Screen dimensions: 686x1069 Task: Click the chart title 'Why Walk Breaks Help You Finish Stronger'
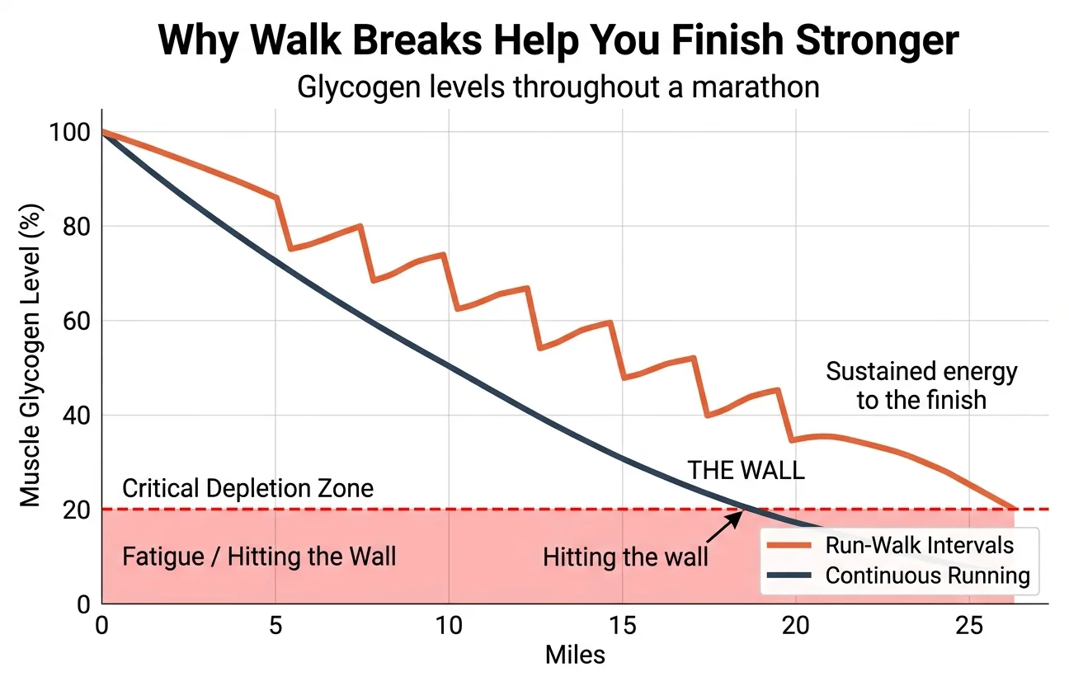[x=558, y=40]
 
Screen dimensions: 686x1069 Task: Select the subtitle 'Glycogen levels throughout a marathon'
[x=558, y=87]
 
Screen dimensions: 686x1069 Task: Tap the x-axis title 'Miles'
[x=575, y=655]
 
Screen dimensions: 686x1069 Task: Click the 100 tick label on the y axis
[x=68, y=132]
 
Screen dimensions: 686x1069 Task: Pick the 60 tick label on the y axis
[x=75, y=321]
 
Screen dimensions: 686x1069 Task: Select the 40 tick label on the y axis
[x=75, y=416]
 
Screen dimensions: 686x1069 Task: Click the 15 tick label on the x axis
[x=622, y=624]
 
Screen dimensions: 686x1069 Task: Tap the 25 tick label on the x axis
[x=969, y=624]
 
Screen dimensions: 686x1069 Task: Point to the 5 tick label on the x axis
[x=275, y=624]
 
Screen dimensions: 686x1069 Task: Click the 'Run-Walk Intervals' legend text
[x=919, y=545]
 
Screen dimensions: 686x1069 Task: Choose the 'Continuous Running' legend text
[x=927, y=575]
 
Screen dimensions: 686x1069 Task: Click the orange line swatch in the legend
[x=790, y=545]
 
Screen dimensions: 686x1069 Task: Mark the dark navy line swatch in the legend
[x=790, y=575]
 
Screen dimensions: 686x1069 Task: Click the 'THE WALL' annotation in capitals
[x=746, y=471]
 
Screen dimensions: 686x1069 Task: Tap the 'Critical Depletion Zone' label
[x=247, y=488]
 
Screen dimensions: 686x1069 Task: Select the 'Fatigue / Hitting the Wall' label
[x=259, y=557]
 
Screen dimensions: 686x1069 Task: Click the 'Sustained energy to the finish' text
[x=921, y=386]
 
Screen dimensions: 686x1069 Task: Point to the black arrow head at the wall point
[x=739, y=514]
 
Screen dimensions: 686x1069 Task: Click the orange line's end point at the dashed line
[x=1014, y=509]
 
